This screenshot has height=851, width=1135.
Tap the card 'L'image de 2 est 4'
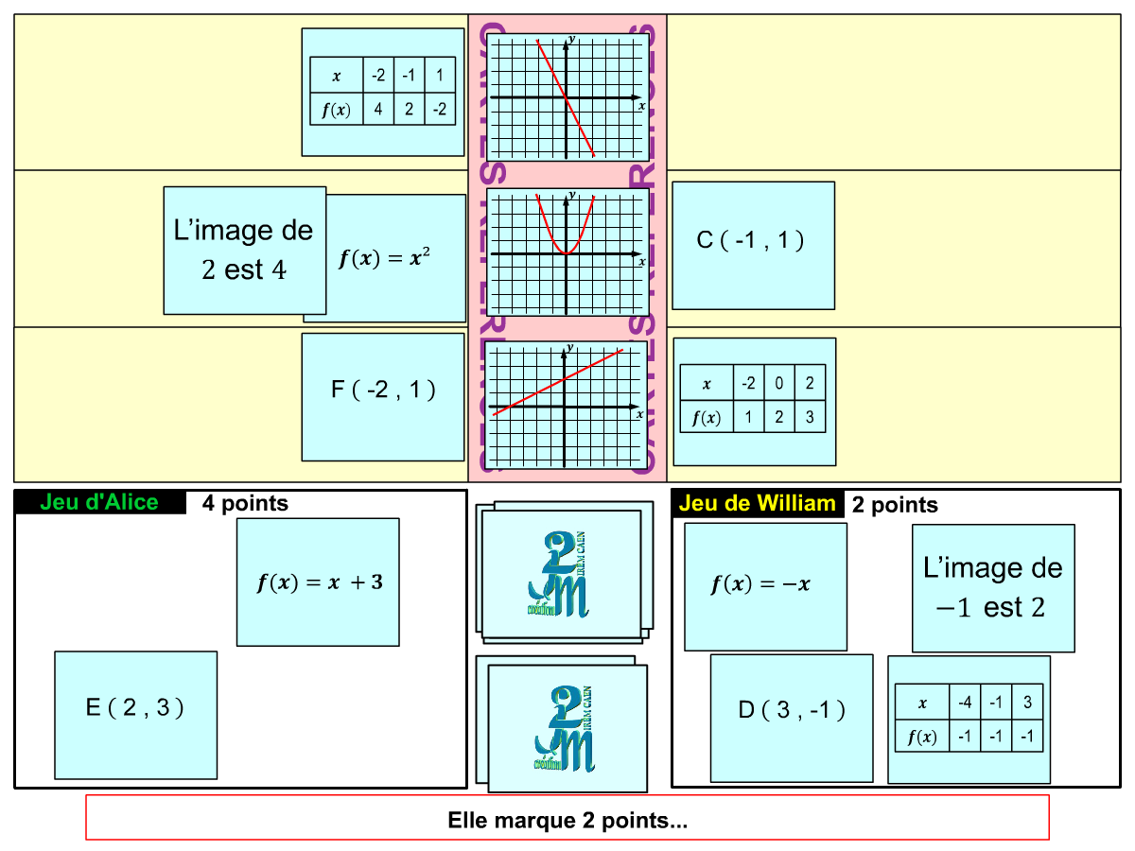pyautogui.click(x=244, y=250)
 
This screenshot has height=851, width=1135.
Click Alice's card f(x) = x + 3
pyautogui.click(x=318, y=582)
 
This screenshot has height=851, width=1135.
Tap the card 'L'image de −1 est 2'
pyautogui.click(x=993, y=588)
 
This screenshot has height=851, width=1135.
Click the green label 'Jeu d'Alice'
pyautogui.click(x=99, y=502)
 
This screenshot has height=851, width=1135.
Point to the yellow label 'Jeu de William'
pyautogui.click(x=757, y=503)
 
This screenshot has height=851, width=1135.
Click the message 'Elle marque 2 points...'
pyautogui.click(x=567, y=818)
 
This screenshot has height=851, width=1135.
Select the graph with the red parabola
pyautogui.click(x=567, y=252)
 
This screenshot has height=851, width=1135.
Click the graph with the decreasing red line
pyautogui.click(x=567, y=97)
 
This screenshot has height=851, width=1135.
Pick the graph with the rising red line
pyautogui.click(x=566, y=405)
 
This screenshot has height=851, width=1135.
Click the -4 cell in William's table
pyautogui.click(x=965, y=703)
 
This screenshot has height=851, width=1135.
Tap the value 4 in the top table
pyautogui.click(x=378, y=110)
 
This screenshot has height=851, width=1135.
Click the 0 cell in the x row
pyautogui.click(x=778, y=384)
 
